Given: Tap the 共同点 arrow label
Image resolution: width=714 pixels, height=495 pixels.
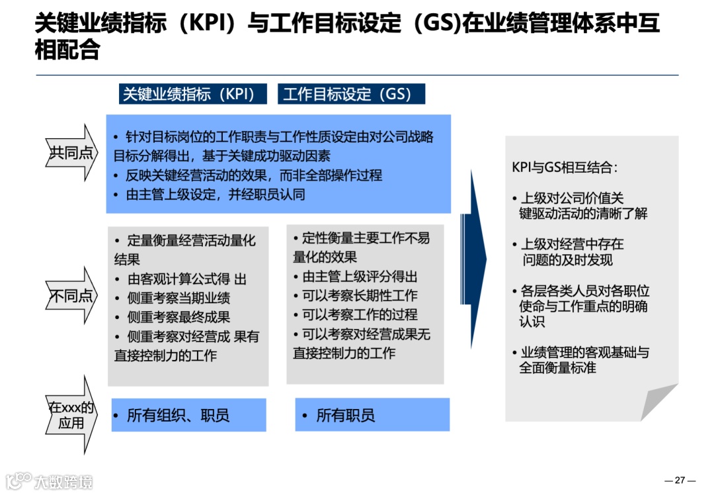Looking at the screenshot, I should pos(70,153).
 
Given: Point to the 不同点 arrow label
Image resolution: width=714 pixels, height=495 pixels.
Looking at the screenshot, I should pos(70,296).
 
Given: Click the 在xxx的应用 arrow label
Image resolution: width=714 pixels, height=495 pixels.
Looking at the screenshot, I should pos(70,415).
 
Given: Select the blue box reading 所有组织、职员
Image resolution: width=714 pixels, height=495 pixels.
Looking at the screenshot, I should pos(188,415).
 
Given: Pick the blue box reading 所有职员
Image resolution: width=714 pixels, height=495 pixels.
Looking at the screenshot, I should pos(372,415).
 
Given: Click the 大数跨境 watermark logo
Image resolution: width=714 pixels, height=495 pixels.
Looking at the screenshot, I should pos(50,480).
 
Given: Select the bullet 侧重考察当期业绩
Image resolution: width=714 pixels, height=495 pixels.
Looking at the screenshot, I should pos(178,298).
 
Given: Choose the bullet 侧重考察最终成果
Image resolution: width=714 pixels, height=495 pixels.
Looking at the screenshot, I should pos(178,318).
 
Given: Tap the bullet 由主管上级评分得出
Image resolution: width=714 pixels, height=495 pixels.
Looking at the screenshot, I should pos(360,277).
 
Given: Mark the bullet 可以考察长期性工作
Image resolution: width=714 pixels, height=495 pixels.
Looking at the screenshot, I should pos(360,296).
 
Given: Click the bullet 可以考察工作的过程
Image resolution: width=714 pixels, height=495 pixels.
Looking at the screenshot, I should pos(360,314).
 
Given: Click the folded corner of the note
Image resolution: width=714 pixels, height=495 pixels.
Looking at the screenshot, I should pos(661,403).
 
